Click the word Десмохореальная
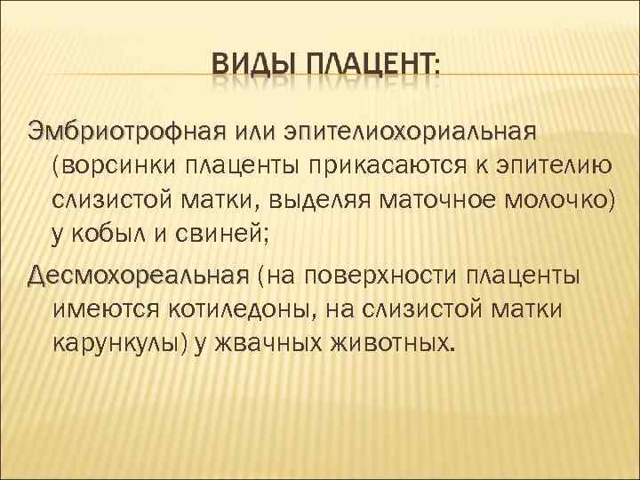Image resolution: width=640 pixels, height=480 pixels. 138,274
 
